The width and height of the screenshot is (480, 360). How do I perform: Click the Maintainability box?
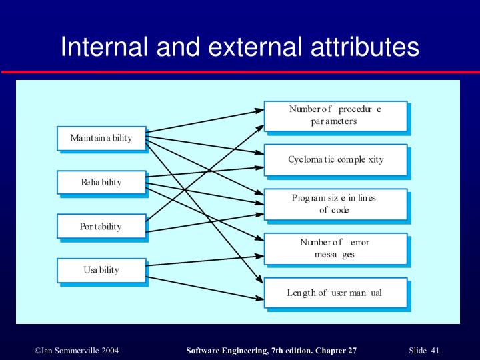(101, 138)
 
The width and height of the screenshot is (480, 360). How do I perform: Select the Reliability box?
(101, 182)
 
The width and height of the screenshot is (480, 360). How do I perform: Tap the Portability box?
(101, 226)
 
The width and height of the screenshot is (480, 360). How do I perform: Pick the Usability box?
(101, 270)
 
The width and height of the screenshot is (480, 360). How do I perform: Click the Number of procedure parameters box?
(335, 115)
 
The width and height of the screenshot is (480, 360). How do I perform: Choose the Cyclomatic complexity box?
(335, 160)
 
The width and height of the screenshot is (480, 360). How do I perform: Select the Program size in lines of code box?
(335, 204)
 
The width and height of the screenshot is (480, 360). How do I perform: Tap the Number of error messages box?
(335, 249)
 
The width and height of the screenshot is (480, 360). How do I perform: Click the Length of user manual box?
(335, 293)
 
